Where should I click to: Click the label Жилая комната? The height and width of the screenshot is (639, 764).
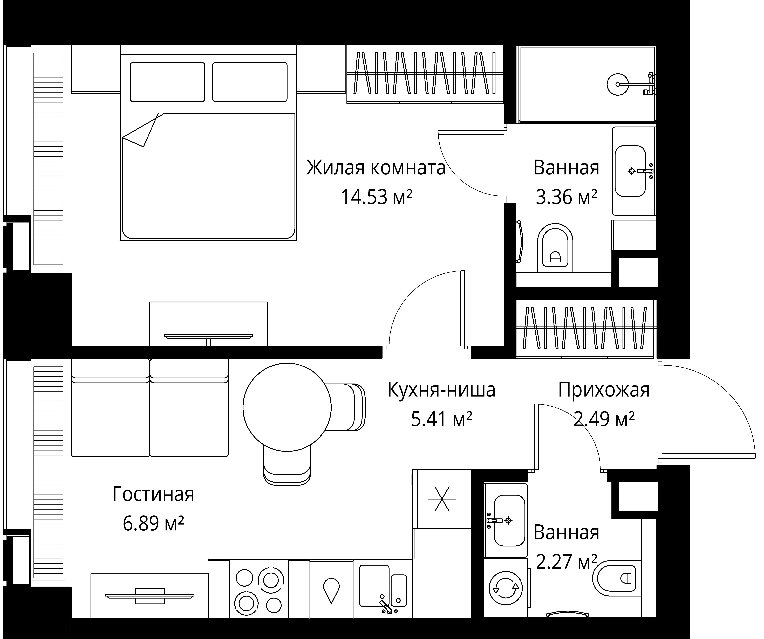(376, 168)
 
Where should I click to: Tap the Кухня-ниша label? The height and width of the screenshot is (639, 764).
(441, 390)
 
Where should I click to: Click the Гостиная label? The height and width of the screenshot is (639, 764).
(153, 494)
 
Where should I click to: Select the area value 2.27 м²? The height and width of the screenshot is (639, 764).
(567, 562)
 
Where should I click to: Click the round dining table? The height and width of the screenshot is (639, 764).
(287, 407)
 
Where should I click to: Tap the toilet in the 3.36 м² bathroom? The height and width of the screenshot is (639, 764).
(555, 248)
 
